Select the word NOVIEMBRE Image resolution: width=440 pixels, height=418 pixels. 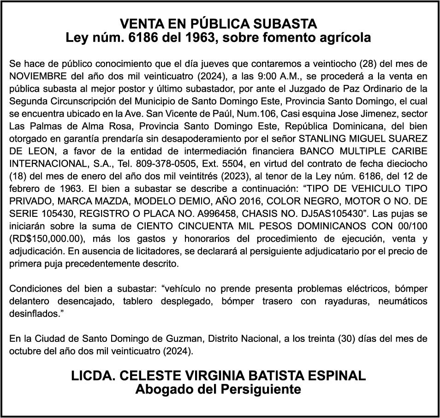pyautogui.click(x=36, y=76)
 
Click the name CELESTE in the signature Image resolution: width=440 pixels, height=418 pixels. pyautogui.click(x=149, y=376)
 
